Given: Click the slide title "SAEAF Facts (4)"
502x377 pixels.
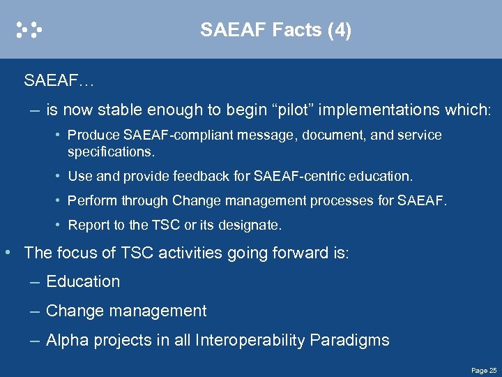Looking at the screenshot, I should click(275, 30).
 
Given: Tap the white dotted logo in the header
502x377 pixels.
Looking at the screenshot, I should click(30, 29).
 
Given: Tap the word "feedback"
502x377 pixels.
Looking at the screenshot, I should click(192, 176).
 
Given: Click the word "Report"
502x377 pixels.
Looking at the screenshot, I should click(88, 226).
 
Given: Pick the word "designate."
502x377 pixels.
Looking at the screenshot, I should click(250, 226).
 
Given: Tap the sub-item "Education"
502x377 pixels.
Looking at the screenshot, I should click(82, 282).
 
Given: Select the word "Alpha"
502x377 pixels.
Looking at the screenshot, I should click(66, 341).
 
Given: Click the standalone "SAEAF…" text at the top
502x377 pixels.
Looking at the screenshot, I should click(59, 81).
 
